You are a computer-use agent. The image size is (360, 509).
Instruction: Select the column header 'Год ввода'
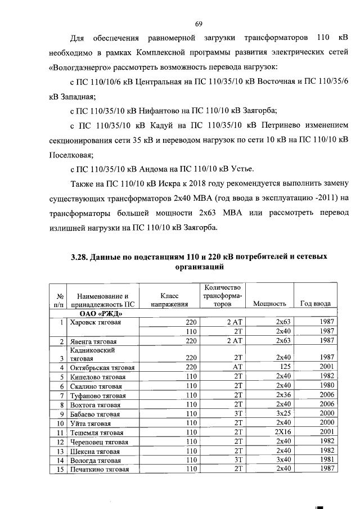pos(316,303)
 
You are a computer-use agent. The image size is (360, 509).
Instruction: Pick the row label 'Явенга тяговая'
pos(92,341)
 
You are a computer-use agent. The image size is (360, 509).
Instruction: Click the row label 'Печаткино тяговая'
pos(98,469)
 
